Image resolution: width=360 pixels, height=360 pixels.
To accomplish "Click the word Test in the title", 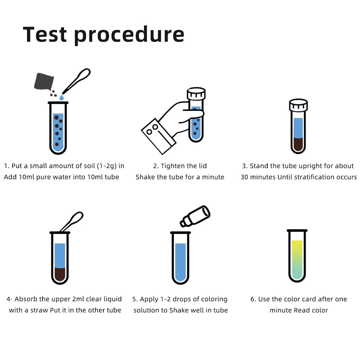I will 45,35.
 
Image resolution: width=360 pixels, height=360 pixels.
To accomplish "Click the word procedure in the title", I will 130,35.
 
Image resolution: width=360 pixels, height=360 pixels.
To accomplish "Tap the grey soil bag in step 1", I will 44,82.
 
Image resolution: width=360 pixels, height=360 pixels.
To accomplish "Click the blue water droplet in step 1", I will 62,98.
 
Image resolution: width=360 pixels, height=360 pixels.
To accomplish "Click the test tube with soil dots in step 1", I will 58,128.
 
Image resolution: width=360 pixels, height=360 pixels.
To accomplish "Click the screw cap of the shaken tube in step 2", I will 196,94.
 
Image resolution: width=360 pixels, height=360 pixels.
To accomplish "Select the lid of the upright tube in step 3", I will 298,105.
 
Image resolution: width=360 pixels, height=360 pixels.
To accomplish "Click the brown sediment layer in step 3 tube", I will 298,145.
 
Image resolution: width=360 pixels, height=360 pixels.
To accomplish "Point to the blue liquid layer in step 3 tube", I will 298,128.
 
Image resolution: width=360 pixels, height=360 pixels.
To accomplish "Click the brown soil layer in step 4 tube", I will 60,274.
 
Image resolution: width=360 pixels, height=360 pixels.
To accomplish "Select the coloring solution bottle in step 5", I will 195,216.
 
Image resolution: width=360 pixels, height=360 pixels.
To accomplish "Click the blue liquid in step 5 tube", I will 180,261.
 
